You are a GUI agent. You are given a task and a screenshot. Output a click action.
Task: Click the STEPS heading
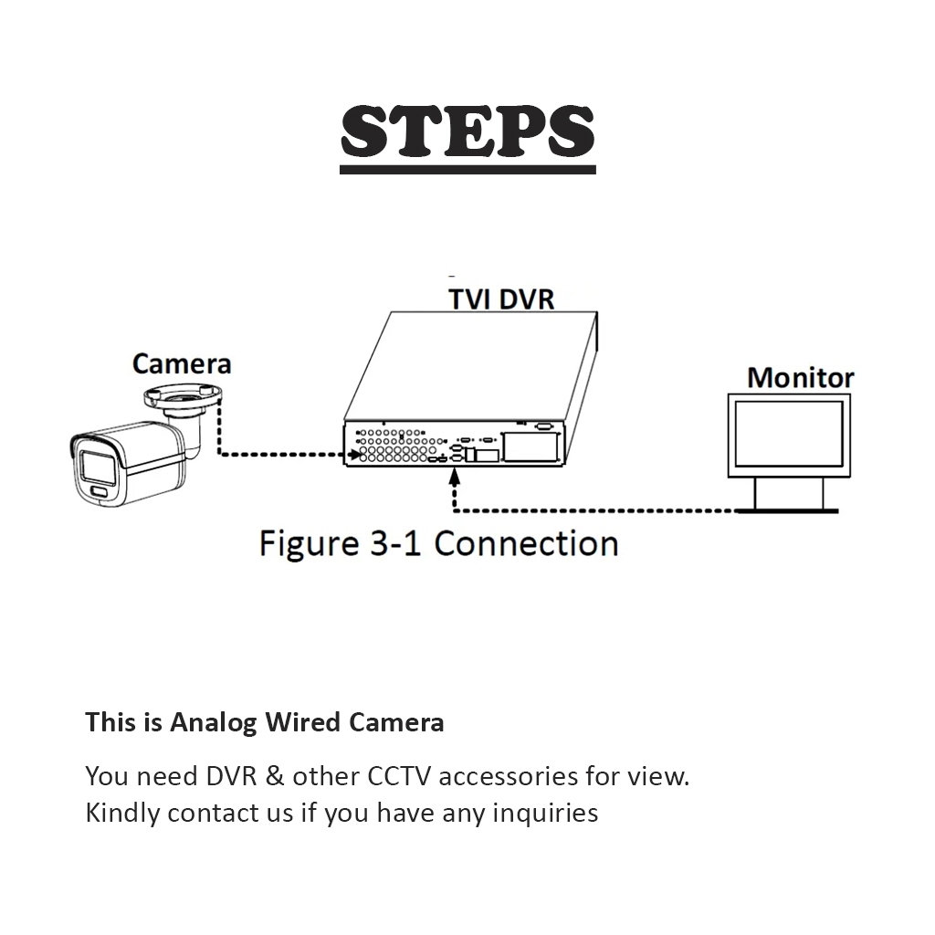(467, 131)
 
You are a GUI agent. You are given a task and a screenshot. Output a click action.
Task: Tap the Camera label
(182, 363)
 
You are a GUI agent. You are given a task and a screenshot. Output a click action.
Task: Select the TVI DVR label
(501, 299)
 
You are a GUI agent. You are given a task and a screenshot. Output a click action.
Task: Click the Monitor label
(800, 378)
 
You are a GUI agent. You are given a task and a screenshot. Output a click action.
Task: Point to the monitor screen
(789, 436)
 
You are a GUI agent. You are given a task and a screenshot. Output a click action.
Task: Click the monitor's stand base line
(789, 510)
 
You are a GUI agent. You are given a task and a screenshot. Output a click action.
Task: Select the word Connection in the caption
(526, 543)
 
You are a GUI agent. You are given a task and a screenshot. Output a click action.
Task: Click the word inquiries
(545, 812)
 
